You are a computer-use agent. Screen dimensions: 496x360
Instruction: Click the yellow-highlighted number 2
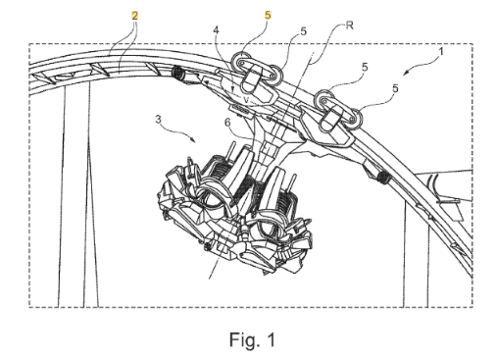[134, 15]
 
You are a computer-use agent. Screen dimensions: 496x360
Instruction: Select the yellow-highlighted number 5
[268, 15]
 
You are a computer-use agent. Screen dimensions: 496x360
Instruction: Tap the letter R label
[349, 26]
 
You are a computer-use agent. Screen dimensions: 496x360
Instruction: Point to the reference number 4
[216, 30]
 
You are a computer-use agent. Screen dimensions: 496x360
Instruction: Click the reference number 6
[227, 123]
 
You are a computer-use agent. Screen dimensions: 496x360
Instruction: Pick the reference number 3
[158, 120]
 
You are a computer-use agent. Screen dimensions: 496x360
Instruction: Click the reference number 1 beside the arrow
[441, 52]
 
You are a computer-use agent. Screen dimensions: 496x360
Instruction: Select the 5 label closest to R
[304, 31]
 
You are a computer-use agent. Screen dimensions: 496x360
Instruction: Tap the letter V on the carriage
[247, 99]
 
